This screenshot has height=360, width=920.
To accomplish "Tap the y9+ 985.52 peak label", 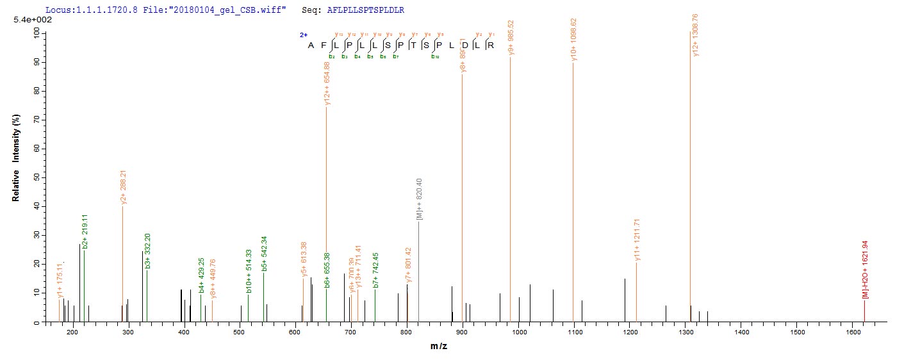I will point(511,38).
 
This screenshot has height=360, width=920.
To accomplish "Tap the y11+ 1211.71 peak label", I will point(637,240).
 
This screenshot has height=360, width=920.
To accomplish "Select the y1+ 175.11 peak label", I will point(61,281).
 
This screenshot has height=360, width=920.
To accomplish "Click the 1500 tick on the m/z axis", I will point(797,333).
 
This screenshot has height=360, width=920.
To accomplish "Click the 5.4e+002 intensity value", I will point(28,20).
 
